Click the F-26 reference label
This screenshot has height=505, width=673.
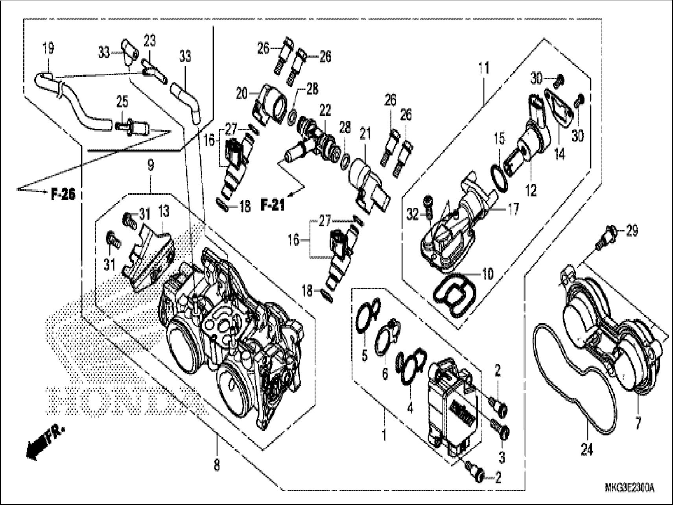63,194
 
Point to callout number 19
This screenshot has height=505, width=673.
49,49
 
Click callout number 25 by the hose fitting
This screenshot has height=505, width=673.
123,101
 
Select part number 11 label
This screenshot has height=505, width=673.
483,68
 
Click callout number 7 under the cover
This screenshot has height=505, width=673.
638,424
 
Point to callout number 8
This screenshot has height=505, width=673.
217,466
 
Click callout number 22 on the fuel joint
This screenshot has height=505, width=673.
325,111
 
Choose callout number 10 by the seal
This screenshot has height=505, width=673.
487,274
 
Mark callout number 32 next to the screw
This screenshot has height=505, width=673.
413,215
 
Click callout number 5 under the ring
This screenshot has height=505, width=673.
364,356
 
